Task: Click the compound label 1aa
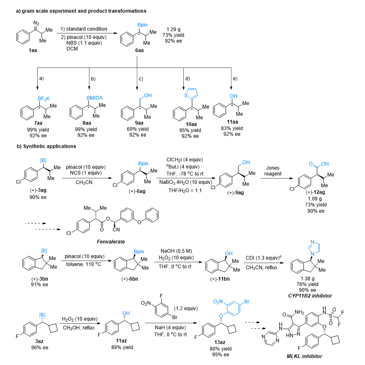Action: click(x=33, y=50)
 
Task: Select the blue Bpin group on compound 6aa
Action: click(x=142, y=25)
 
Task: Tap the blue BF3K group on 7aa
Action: click(x=44, y=99)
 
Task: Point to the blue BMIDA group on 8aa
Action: click(x=95, y=98)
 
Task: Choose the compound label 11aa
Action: click(x=232, y=122)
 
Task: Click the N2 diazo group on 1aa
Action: click(x=36, y=23)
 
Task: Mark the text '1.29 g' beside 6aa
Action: click(x=173, y=29)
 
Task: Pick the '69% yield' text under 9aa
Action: click(x=138, y=129)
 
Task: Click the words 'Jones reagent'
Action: click(x=273, y=171)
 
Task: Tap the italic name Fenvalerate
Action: click(x=111, y=242)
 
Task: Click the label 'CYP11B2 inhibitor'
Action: click(x=310, y=296)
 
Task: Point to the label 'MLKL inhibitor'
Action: click(x=304, y=356)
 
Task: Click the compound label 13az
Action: click(x=220, y=342)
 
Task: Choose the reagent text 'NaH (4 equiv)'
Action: click(x=170, y=327)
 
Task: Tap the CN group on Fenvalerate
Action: click(x=116, y=230)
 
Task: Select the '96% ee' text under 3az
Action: click(x=40, y=347)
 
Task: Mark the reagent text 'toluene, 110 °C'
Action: click(x=84, y=264)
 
